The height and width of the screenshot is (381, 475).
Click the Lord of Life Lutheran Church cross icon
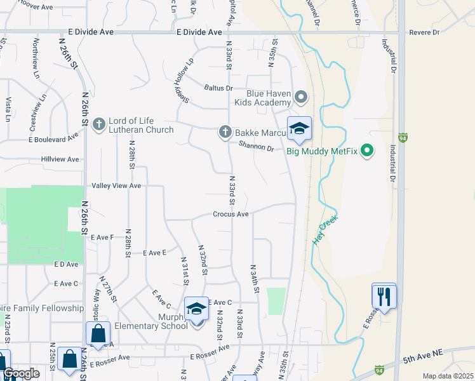click(98, 124)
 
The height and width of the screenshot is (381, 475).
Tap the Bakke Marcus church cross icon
click(224, 132)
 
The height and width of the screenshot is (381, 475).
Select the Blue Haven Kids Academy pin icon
click(301, 97)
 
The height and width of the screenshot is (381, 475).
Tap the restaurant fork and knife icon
click(384, 295)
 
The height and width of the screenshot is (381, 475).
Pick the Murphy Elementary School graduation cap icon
click(196, 309)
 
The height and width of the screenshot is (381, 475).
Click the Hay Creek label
click(326, 230)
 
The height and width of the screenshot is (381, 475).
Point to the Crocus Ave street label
click(231, 215)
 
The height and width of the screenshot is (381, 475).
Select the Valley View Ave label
click(116, 185)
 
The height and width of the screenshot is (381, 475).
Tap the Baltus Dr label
click(218, 88)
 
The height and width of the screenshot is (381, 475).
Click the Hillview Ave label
click(60, 159)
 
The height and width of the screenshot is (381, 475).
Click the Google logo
click(20, 373)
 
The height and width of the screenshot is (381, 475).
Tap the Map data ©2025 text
click(448, 376)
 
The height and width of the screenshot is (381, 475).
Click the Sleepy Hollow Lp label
click(183, 83)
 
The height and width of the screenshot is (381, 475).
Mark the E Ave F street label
click(102, 237)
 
